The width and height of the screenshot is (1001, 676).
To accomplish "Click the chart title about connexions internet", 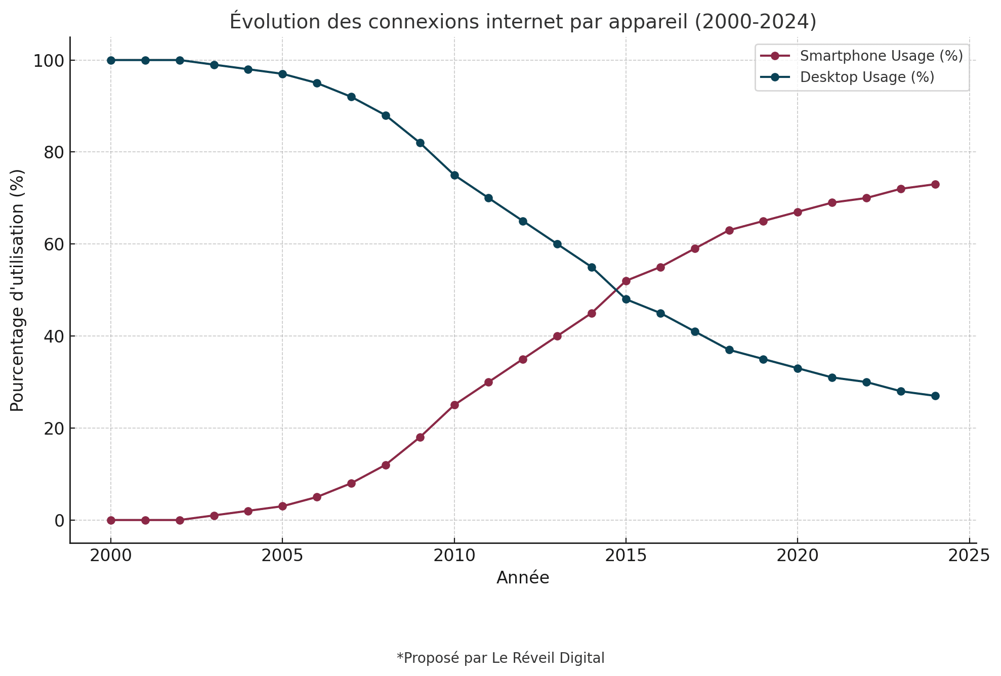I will point(523,22).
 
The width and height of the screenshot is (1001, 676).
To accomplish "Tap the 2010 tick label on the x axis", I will point(454,556).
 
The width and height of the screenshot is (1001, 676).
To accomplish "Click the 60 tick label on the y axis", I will point(54,244).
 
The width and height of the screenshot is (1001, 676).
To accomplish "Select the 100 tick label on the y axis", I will point(49,61).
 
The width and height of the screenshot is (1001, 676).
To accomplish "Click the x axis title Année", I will point(523,577).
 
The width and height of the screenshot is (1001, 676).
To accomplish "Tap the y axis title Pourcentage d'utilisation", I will point(17,290).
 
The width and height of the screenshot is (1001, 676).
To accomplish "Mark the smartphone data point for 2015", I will point(626,281).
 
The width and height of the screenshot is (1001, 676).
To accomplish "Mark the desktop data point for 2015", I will point(626,299).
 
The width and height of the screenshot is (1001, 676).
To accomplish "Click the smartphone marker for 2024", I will point(935,184).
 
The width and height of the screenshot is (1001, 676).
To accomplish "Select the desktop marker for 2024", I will point(935,396).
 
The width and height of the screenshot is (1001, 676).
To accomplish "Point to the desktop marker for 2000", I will point(111,60).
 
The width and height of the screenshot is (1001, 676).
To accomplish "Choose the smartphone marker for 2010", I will point(454,405).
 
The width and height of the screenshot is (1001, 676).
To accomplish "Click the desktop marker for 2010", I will point(454,175).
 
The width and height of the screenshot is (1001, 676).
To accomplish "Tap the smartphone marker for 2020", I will point(798,212).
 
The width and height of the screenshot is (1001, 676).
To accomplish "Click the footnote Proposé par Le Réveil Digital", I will point(500,658).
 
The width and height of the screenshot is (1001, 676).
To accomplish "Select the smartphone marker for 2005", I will point(282,506).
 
